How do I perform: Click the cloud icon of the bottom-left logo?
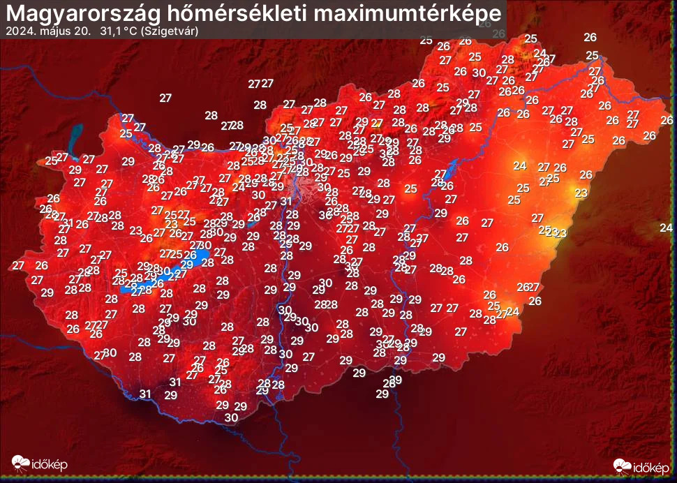point(21,463)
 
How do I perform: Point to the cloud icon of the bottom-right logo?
point(623,466)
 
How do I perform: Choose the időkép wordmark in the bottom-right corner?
point(651,466)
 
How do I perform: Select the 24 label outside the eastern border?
point(666,228)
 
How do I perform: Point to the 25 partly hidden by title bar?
point(426,40)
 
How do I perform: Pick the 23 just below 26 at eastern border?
point(581,192)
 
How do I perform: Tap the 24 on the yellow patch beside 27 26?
point(519,165)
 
